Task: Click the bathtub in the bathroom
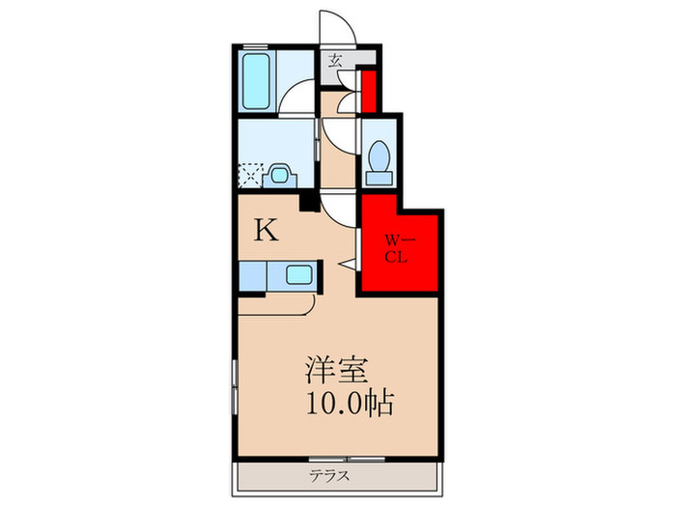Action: (x=256, y=81)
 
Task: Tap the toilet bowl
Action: (x=380, y=155)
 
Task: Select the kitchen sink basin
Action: (x=299, y=274)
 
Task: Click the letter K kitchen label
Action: (x=266, y=230)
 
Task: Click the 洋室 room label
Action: (x=337, y=371)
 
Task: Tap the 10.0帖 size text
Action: (x=350, y=403)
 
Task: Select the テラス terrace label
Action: (x=330, y=476)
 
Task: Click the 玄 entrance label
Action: (x=335, y=60)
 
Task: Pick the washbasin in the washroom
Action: (x=279, y=175)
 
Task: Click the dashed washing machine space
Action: (x=250, y=174)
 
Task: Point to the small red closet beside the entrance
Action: (x=369, y=92)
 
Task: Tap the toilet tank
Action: (x=380, y=178)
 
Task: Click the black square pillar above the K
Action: (x=310, y=203)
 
